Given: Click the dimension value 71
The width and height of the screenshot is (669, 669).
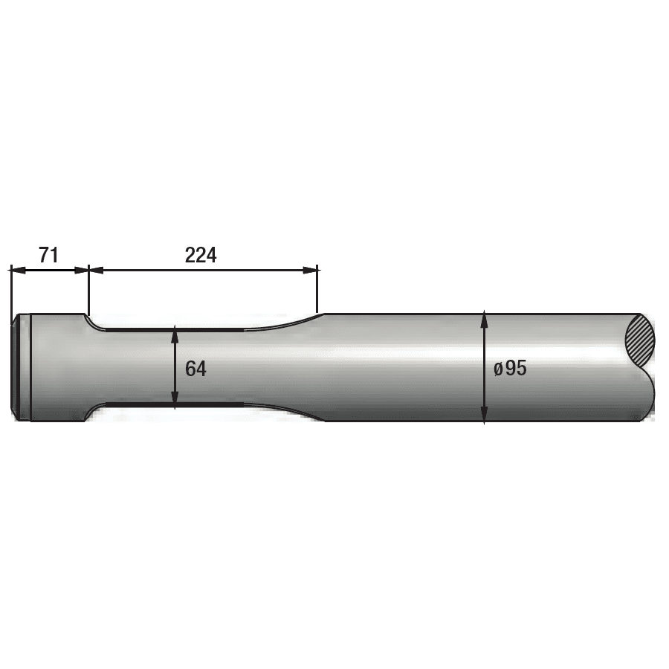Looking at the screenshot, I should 48,256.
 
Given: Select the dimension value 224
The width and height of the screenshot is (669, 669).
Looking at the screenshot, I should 200,256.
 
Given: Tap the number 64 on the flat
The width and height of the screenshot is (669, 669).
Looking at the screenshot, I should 195,368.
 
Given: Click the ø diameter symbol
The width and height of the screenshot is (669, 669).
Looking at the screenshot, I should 498,369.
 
